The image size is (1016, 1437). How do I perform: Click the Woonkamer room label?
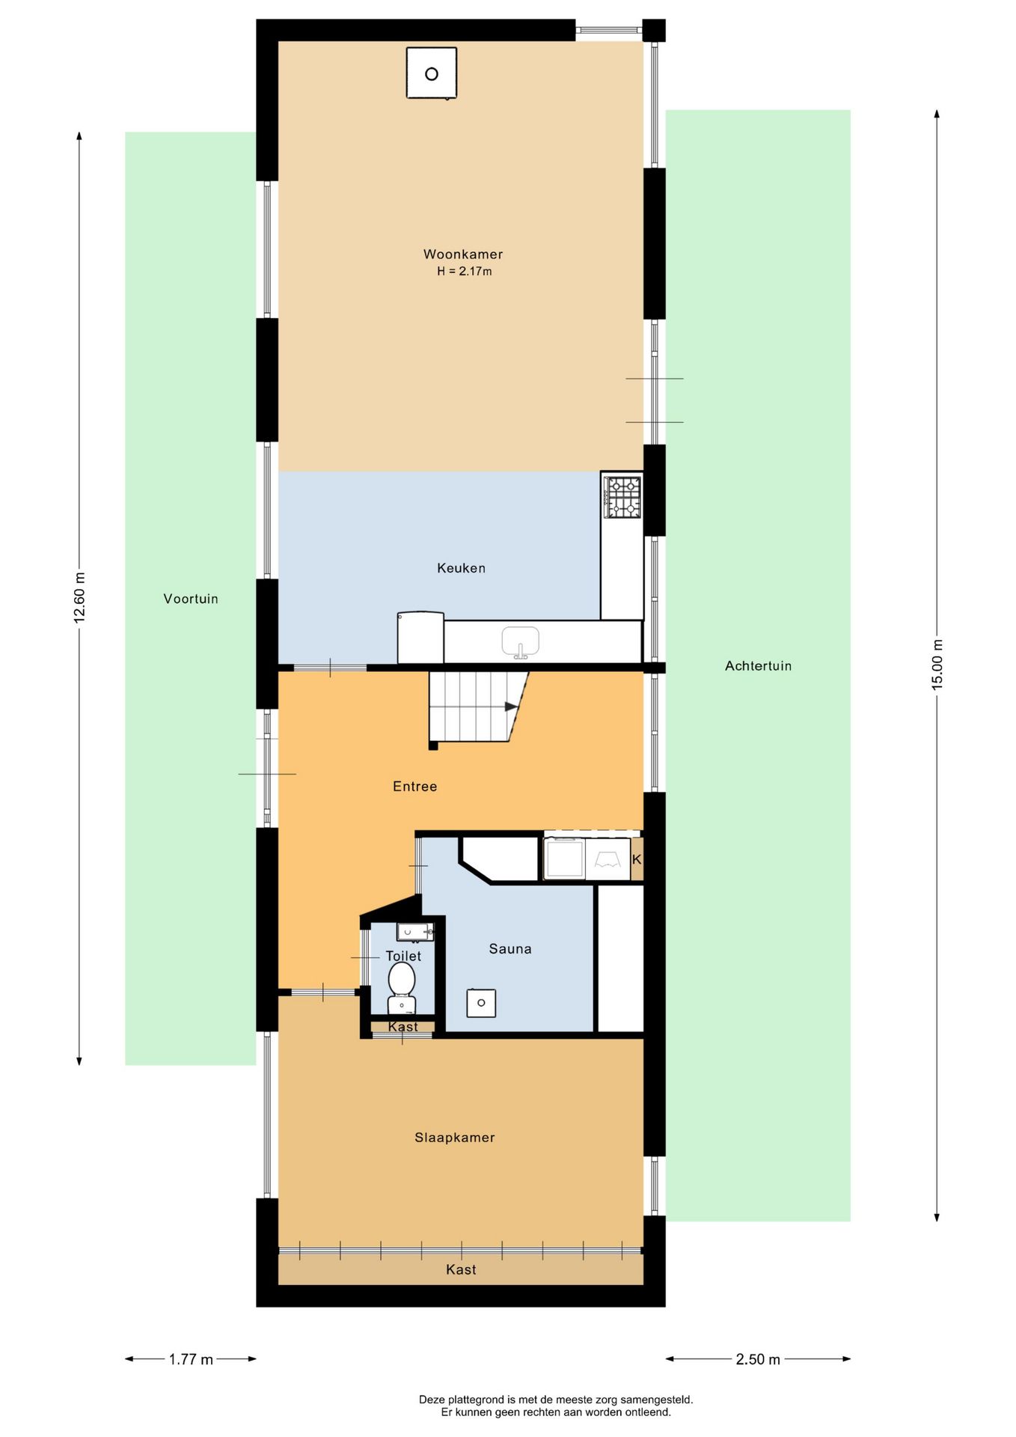[463, 254]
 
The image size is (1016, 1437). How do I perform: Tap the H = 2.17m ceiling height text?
[465, 272]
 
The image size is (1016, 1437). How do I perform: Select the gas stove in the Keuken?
[622, 497]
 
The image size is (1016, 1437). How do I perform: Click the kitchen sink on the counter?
[521, 642]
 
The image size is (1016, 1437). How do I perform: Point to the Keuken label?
[462, 568]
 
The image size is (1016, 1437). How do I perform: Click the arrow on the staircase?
[512, 707]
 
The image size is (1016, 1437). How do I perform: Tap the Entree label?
[415, 786]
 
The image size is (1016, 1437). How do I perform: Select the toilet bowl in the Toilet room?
[402, 987]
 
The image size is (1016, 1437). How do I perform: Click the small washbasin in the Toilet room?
[415, 932]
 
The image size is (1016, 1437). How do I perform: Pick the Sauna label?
[510, 949]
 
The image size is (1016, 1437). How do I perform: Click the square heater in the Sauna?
[481, 1003]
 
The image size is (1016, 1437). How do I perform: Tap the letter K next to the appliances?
[637, 859]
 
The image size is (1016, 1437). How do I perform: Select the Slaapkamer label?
[455, 1138]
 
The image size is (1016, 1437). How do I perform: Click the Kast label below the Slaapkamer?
[461, 1269]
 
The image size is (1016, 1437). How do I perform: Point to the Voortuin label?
[191, 599]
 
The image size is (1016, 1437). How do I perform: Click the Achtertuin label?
[758, 666]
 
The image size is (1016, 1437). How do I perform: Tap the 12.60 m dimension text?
[79, 597]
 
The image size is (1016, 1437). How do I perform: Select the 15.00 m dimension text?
[937, 665]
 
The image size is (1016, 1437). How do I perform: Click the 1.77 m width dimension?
[191, 1359]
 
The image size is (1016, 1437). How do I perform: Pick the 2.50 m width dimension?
[758, 1359]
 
